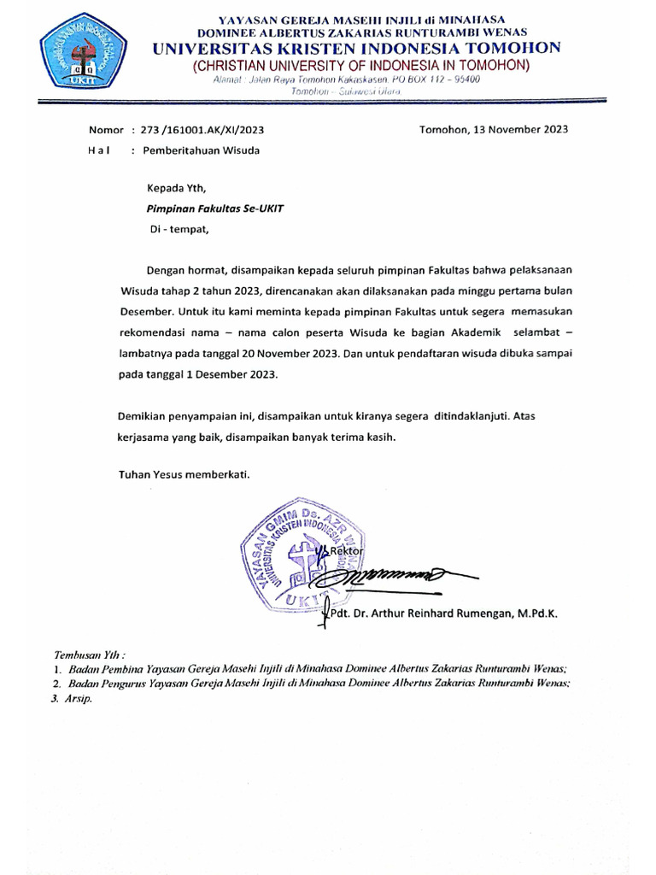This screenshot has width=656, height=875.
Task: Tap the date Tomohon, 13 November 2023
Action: [x=493, y=130]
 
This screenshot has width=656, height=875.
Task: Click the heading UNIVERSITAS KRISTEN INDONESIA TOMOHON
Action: [x=357, y=48]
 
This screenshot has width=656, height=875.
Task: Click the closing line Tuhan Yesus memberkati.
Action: [x=184, y=475]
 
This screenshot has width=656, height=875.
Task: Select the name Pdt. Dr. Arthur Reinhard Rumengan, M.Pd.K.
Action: [x=443, y=614]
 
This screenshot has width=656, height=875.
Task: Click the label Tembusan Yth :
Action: [x=89, y=654]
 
